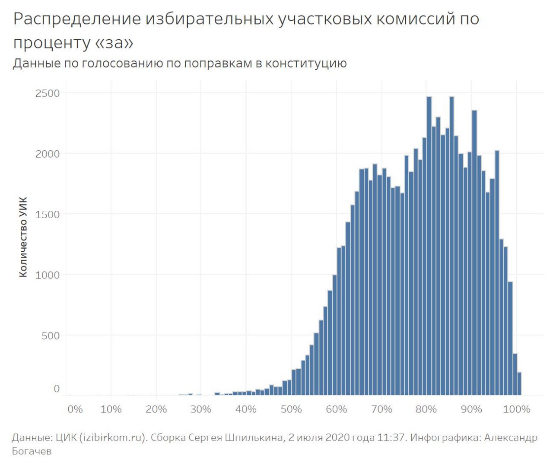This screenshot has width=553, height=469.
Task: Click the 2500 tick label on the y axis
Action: (48, 93)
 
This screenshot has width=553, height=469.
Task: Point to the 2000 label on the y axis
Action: (48, 154)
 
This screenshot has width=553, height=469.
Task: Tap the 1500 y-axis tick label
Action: (48, 214)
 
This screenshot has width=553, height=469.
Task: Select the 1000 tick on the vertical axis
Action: (48, 275)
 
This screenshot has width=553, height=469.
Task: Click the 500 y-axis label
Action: (51, 336)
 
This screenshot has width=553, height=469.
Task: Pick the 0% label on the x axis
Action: (75, 409)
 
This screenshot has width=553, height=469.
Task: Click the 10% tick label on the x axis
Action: (111, 409)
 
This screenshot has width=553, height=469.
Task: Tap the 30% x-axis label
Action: (201, 409)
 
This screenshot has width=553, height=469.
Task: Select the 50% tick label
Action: (291, 409)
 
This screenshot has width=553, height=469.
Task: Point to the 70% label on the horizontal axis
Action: (381, 409)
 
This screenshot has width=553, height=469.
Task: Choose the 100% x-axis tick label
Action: (517, 409)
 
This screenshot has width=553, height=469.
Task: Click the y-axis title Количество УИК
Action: (23, 237)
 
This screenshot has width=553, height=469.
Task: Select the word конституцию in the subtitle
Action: (306, 63)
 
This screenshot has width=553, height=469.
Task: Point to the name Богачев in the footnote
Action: (32, 451)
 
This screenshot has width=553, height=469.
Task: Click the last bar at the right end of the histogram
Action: (519, 383)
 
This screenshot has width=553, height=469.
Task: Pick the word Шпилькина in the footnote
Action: (254, 437)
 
